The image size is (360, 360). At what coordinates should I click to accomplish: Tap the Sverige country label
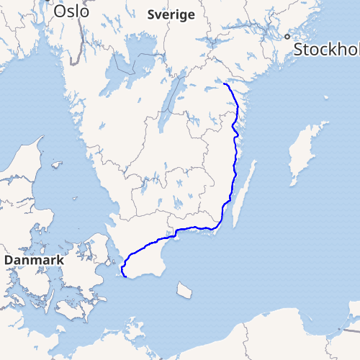tap(171, 14)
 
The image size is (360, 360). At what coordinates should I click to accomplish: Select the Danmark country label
tap(35, 259)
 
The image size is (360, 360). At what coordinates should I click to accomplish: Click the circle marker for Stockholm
tap(287, 36)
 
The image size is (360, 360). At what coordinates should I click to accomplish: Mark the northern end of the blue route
tap(225, 85)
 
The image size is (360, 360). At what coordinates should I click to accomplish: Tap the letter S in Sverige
tap(151, 14)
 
